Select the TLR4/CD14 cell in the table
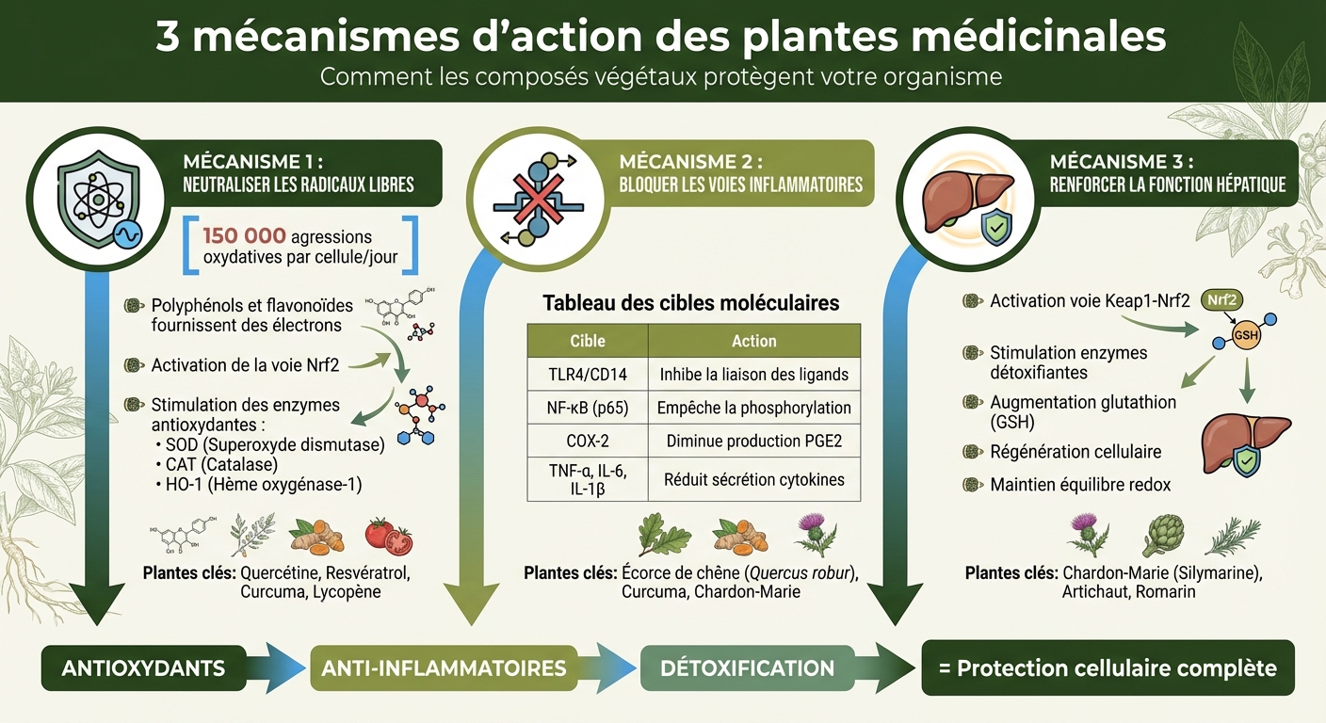coord(588,374)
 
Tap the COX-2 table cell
coord(588,441)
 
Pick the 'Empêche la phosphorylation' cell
coord(753,408)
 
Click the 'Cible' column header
coord(588,341)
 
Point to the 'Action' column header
coord(753,341)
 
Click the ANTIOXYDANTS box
coord(143,668)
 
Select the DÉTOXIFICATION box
coord(747,668)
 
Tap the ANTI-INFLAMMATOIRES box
coord(444,668)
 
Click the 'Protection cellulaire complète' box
coord(1108,668)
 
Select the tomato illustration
coord(389,536)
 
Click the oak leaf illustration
coord(657,535)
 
